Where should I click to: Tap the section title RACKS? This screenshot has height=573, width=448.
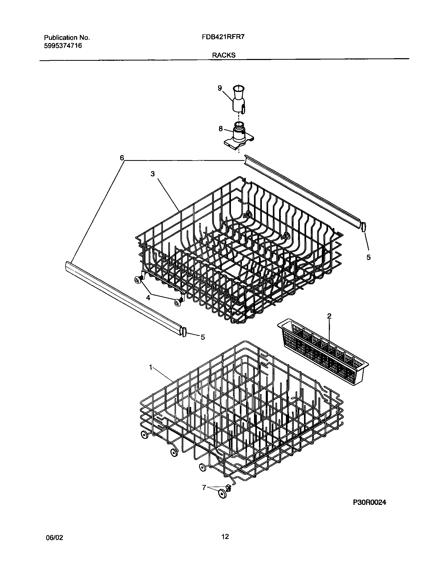(x=224, y=55)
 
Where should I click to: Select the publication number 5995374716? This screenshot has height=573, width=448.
(x=63, y=46)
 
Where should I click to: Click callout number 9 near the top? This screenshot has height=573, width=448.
(x=220, y=88)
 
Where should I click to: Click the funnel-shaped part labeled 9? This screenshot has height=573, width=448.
(x=239, y=100)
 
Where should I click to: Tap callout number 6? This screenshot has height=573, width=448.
(x=122, y=158)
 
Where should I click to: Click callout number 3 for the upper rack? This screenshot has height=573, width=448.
(x=153, y=174)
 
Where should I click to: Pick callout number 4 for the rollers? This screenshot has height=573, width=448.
(x=148, y=298)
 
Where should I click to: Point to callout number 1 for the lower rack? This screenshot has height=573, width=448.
(x=151, y=368)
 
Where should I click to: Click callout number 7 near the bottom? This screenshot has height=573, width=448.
(x=204, y=487)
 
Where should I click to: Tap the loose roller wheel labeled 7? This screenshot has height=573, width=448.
(x=222, y=494)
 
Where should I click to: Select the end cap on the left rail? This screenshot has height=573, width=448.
(x=184, y=331)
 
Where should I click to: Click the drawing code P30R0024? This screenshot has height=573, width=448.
(x=369, y=503)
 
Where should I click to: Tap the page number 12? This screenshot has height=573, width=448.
(x=225, y=537)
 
